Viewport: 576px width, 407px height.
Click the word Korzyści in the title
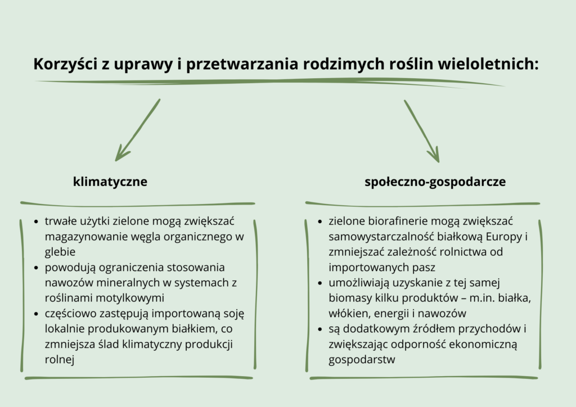(x=65, y=64)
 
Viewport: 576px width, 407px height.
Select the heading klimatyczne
(x=110, y=182)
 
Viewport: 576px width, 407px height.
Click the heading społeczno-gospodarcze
(x=435, y=182)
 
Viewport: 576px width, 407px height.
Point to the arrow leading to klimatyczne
(x=137, y=130)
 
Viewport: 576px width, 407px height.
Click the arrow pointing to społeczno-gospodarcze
(x=422, y=130)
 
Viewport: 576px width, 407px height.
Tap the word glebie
(x=60, y=252)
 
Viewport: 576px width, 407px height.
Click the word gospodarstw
(x=362, y=360)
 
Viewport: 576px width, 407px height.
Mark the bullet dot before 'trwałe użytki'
(x=36, y=221)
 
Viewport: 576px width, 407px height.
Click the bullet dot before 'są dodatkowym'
(x=320, y=329)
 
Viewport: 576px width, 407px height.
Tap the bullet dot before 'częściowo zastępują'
(x=36, y=314)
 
